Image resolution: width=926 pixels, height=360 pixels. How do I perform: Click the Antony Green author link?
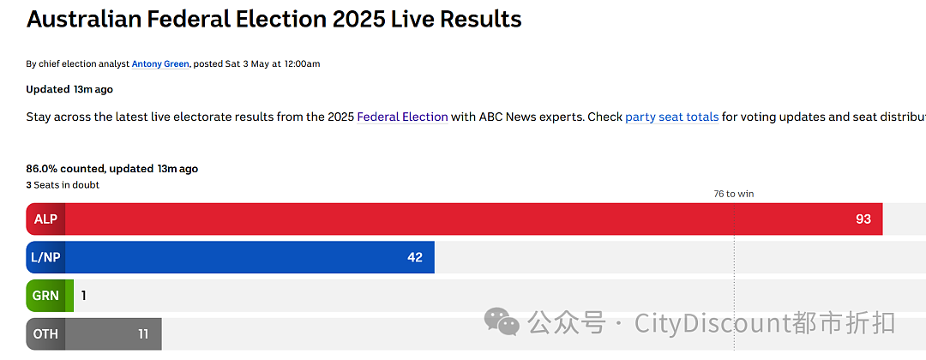coord(160,63)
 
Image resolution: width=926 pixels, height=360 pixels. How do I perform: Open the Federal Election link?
coord(403,117)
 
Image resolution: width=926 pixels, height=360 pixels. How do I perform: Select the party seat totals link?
coord(672,117)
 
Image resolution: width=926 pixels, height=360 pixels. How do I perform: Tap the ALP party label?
coord(45,219)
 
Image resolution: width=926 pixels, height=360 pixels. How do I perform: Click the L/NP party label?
coord(45,257)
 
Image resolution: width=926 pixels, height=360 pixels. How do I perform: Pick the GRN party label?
coord(45,295)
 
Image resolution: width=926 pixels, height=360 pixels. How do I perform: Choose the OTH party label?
coord(45,334)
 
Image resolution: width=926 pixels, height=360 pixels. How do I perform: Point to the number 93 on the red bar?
coord(863,219)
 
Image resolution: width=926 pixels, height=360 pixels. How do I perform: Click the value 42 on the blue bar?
coord(415,257)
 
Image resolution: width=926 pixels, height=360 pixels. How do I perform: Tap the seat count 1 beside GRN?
coord(84,295)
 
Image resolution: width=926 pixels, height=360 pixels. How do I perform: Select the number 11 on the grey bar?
coord(143,334)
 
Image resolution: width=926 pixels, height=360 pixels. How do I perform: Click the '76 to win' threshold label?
coord(734,194)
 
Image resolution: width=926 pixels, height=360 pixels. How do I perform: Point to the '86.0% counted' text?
coord(65,169)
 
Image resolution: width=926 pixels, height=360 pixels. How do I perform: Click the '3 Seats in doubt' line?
coord(63,185)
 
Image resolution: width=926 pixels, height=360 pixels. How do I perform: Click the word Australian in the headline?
coord(83,20)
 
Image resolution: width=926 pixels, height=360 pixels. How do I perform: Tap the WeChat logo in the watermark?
coord(502,321)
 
